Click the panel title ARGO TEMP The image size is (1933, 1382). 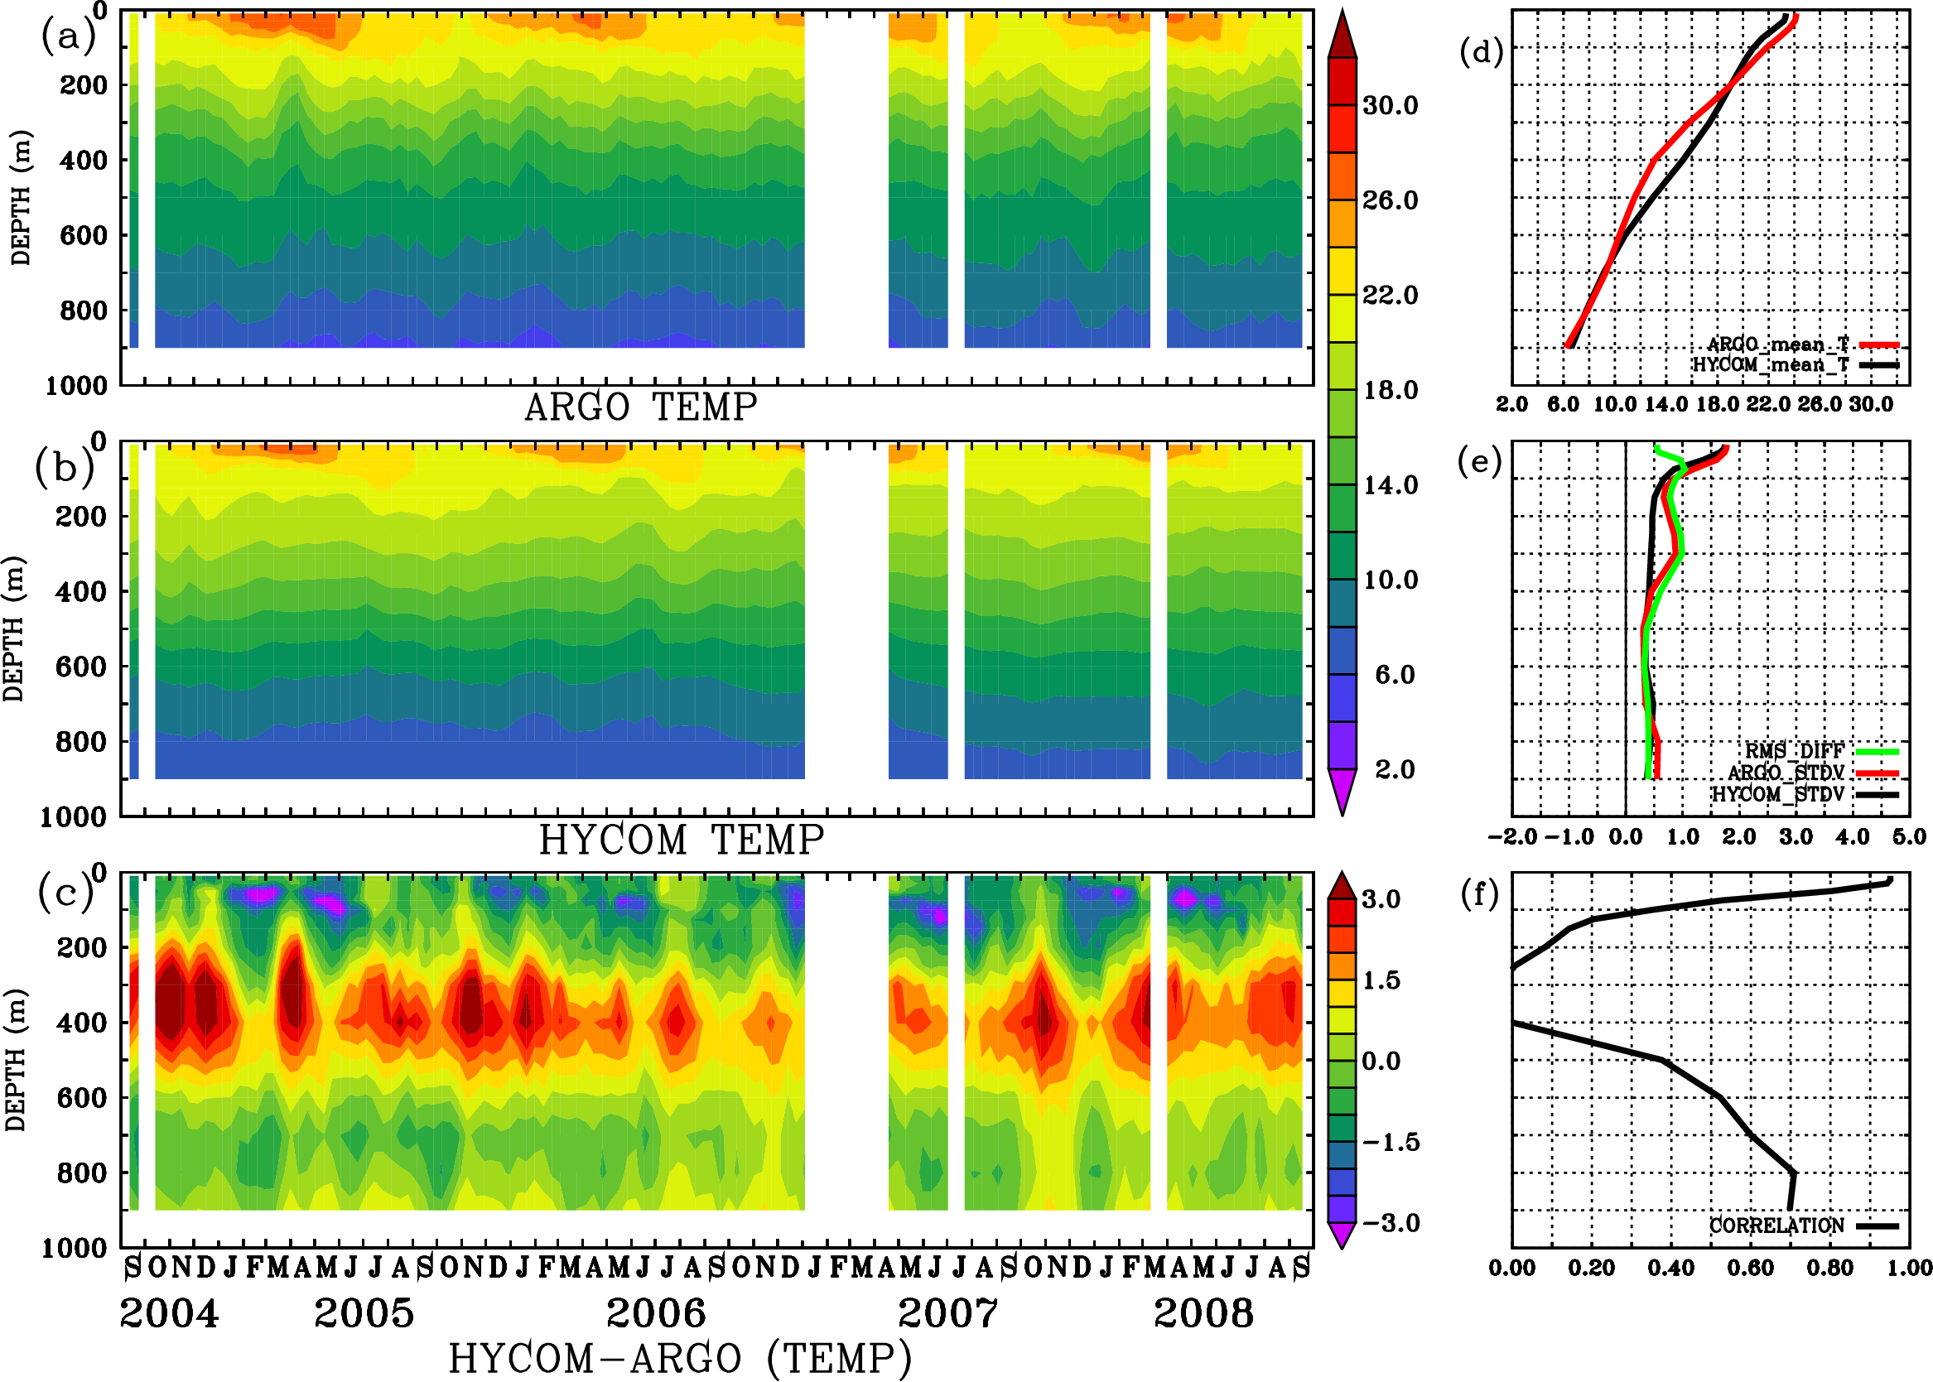640,407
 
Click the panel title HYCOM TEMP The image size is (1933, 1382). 681,840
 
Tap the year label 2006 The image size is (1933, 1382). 655,1313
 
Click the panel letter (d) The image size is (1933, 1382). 1481,53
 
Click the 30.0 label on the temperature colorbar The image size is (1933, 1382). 1390,105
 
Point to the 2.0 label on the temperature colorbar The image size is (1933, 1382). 1394,769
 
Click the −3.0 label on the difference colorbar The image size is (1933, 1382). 1391,1223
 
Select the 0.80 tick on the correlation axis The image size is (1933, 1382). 1830,1268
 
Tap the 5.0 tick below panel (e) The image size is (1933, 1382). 1909,836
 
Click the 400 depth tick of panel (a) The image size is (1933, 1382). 83,160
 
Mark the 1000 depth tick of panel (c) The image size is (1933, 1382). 75,1249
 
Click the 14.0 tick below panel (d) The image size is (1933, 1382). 1665,404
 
